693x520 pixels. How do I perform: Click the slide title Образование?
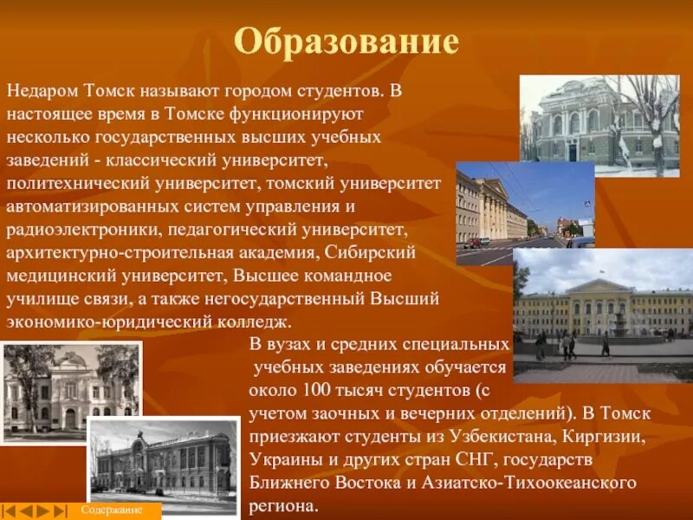coord(346,41)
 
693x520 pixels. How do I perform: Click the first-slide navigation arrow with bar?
coord(10,511)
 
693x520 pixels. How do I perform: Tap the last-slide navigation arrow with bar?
coord(59,511)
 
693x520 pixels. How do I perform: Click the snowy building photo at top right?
coord(599,126)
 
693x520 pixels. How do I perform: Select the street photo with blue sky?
coord(525,213)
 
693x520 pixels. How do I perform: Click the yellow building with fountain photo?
coord(603,315)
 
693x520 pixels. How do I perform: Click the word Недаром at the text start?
coord(42,90)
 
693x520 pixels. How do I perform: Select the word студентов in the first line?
coord(334,90)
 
